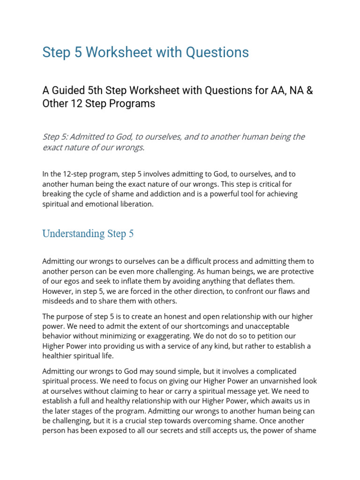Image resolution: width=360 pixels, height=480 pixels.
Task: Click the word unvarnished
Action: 275,381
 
